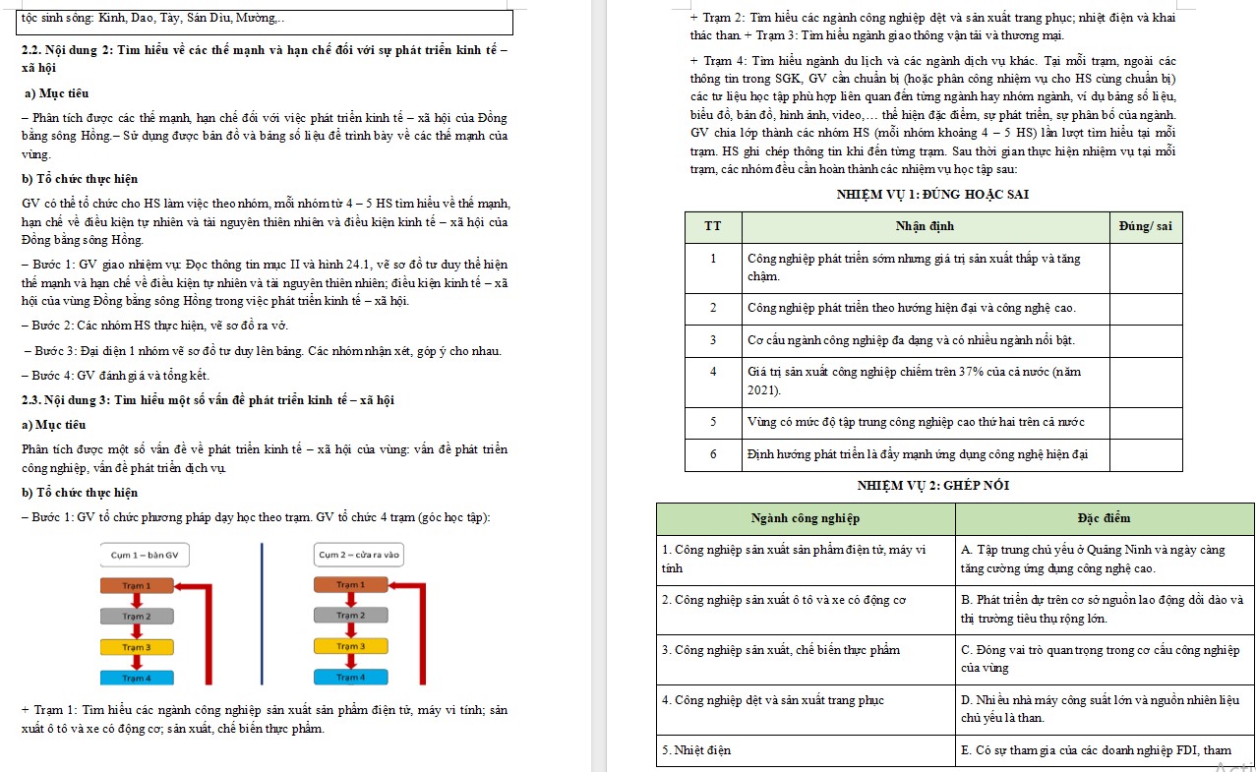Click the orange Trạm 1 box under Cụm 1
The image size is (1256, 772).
pyautogui.click(x=136, y=586)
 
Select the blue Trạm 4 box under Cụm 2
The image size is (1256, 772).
pyautogui.click(x=349, y=678)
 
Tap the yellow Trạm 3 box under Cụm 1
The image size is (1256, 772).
pyautogui.click(x=136, y=647)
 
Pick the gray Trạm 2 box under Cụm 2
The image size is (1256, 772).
pyautogui.click(x=349, y=616)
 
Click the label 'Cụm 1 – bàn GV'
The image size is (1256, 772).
pyautogui.click(x=145, y=556)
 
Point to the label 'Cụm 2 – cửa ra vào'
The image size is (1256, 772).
pyautogui.click(x=359, y=556)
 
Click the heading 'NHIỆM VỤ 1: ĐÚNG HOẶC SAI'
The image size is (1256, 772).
pyautogui.click(x=932, y=195)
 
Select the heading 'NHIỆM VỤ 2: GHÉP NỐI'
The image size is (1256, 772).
pyautogui.click(x=932, y=486)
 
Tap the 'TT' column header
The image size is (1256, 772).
pyautogui.click(x=713, y=227)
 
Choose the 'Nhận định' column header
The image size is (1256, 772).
pyautogui.click(x=925, y=227)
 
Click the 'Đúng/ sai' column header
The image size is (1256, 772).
pyautogui.click(x=1146, y=227)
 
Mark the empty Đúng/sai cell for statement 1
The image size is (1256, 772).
pyautogui.click(x=1146, y=267)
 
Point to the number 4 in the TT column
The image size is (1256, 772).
pyautogui.click(x=713, y=372)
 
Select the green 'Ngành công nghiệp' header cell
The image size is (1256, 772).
pyautogui.click(x=806, y=518)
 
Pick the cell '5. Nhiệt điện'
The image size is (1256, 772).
pyautogui.click(x=697, y=750)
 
